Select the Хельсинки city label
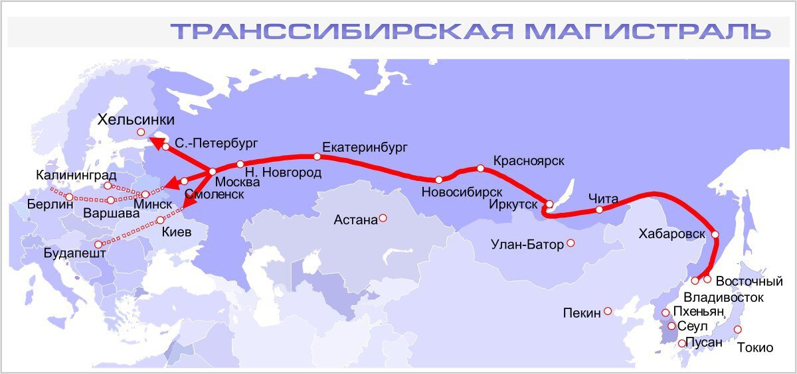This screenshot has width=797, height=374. click(x=136, y=120)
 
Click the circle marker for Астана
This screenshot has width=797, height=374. click(x=383, y=218)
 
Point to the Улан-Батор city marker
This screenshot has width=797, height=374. click(x=571, y=243)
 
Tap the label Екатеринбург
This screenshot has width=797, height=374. click(x=365, y=146)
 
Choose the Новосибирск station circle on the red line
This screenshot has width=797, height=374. click(x=439, y=179)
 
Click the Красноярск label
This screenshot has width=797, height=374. click(x=529, y=161)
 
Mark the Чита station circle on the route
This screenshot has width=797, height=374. click(x=599, y=210)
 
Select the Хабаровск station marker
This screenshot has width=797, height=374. click(x=715, y=234)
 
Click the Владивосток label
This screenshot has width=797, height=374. click(x=723, y=297)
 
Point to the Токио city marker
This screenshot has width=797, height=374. click(x=737, y=330)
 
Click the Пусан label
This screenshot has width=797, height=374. click(x=703, y=343)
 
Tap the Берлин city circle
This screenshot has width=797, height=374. click(x=69, y=197)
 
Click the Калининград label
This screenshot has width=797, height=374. click(x=76, y=176)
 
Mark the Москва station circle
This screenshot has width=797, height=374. click(x=213, y=172)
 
